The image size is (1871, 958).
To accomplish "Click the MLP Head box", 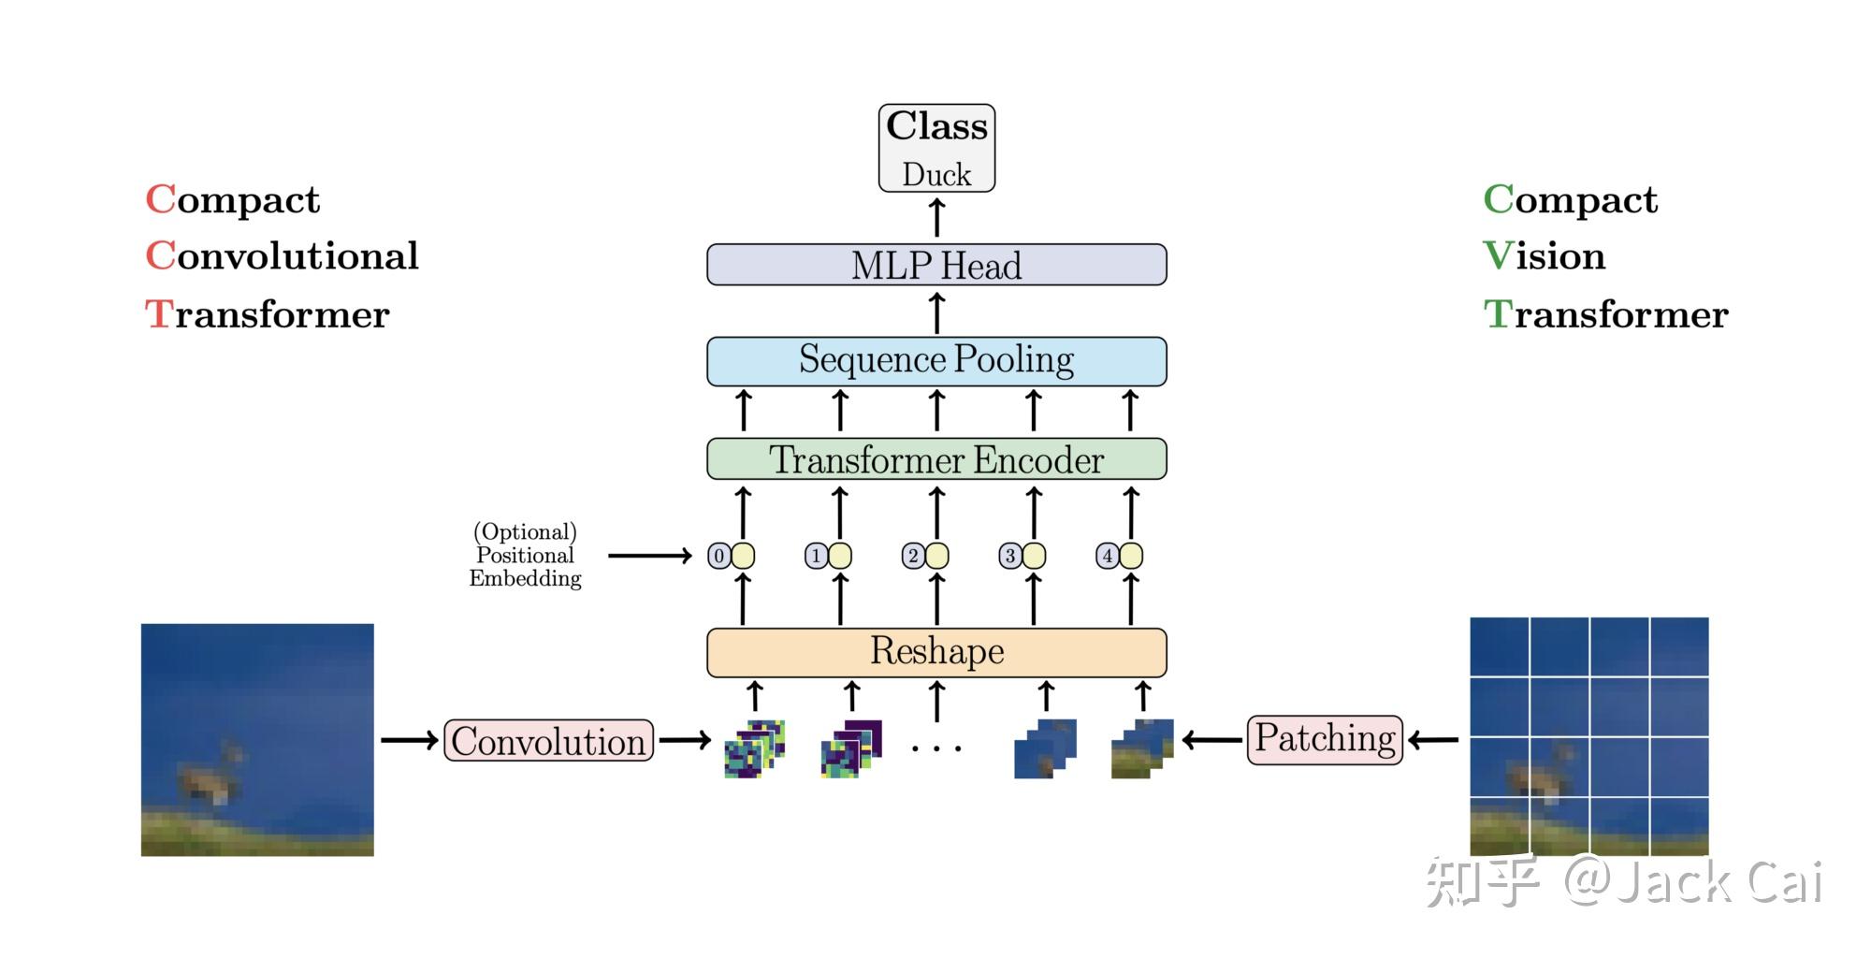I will (936, 265).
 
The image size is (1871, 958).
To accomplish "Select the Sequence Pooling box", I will (936, 361).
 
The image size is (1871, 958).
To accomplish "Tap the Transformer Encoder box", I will (936, 459).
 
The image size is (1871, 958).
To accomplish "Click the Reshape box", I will (936, 652).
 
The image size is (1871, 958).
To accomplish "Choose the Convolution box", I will (548, 741).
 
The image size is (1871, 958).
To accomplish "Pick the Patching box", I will (1325, 739).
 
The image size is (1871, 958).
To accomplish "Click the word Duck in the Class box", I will (936, 175).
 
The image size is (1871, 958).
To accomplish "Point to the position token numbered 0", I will (718, 556).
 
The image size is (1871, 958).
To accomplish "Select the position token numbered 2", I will (913, 556).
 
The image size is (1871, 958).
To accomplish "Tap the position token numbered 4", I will (1108, 556).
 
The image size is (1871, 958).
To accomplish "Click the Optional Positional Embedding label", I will (525, 555).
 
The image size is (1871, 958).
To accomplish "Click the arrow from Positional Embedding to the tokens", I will (649, 556).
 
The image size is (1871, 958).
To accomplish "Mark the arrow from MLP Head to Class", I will (936, 217).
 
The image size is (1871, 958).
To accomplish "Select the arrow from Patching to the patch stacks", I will (1212, 740).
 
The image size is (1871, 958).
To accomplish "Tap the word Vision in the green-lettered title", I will (1545, 256).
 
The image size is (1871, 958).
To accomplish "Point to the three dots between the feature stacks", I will (936, 748).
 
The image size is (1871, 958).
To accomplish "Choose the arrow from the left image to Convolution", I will (409, 740).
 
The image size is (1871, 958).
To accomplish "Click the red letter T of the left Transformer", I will (158, 314).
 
